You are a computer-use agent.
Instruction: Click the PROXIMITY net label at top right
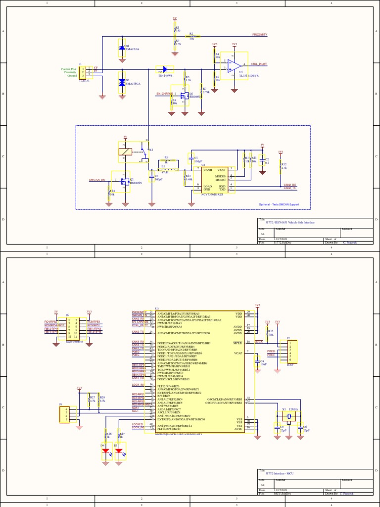tap(260, 35)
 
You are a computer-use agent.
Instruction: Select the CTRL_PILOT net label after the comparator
tap(259, 64)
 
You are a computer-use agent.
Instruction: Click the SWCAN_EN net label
tap(97, 180)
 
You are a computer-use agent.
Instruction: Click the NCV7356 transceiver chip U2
tap(213, 179)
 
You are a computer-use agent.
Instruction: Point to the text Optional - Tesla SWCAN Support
tap(279, 204)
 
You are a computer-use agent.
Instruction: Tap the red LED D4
tap(105, 451)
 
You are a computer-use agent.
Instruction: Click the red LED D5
tap(119, 451)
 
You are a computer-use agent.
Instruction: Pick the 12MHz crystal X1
tap(288, 417)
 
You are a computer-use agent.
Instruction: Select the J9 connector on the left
tap(65, 414)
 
